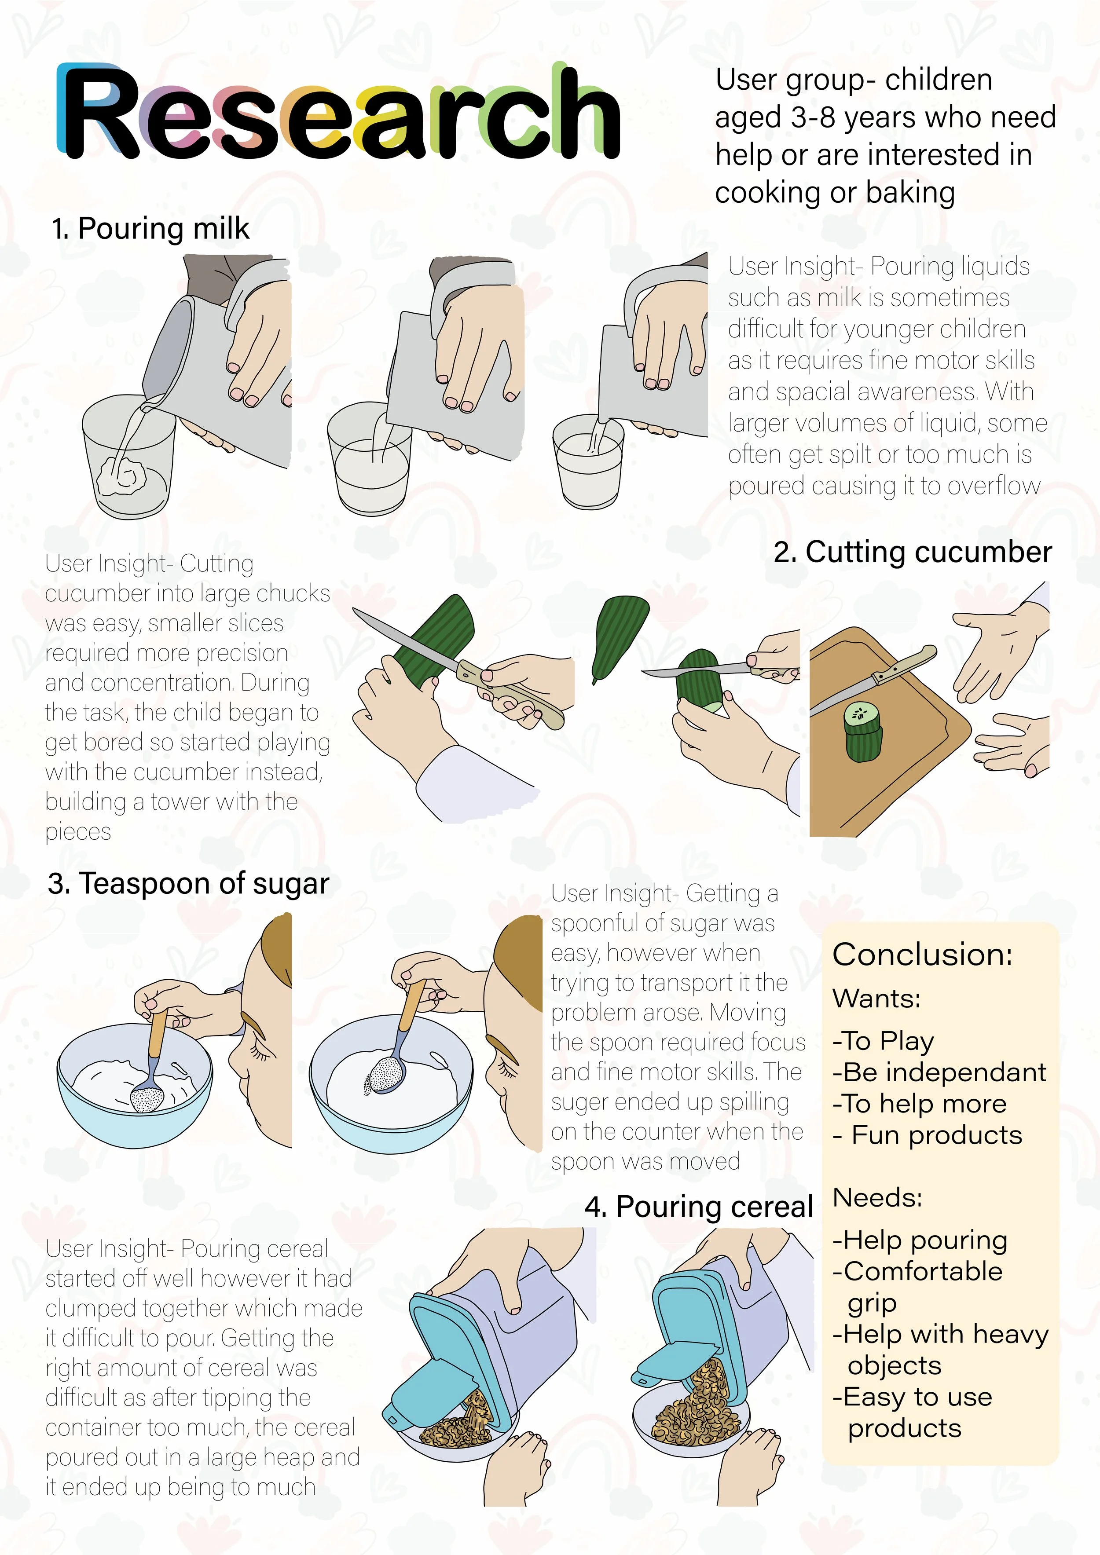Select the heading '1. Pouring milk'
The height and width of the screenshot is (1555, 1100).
point(150,229)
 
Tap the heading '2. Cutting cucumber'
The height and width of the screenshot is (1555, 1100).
point(913,552)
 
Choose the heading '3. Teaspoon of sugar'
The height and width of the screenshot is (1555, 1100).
point(188,884)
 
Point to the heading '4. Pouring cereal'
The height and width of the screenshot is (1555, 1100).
point(698,1207)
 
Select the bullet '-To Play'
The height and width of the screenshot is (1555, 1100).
point(883,1041)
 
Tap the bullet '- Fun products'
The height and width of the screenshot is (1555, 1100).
point(927,1135)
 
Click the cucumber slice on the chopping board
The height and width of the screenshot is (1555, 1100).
point(863,732)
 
